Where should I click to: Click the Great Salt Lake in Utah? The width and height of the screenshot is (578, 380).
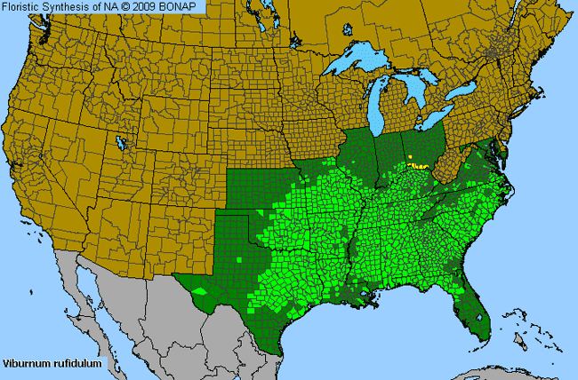[120, 141]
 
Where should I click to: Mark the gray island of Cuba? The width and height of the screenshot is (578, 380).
[507, 360]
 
